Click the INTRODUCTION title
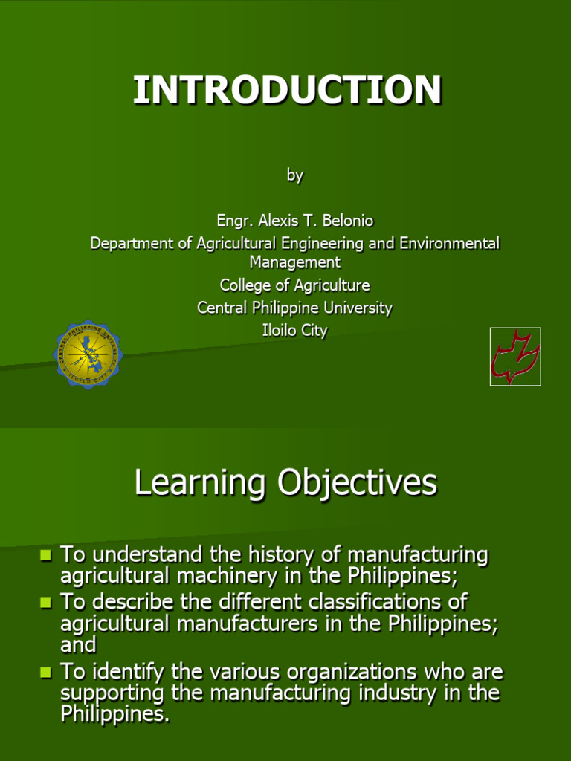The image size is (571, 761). coord(288,90)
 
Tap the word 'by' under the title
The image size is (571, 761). coord(294,175)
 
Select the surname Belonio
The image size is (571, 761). coord(348,220)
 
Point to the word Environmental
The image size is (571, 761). coord(450,243)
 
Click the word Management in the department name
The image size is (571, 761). coord(295,262)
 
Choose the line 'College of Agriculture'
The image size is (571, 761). coord(294,285)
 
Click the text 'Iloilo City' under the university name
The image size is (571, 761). coord(294,331)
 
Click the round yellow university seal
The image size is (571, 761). coord(88,354)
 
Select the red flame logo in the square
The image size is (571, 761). coord(515,357)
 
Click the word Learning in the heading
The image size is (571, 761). coord(200,483)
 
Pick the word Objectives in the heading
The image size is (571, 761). coord(358,483)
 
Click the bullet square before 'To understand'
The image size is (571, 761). coord(45,554)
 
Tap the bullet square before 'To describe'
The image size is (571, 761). coord(45,602)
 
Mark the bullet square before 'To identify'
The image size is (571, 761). coord(45,672)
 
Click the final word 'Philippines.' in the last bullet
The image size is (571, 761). coord(115,714)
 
